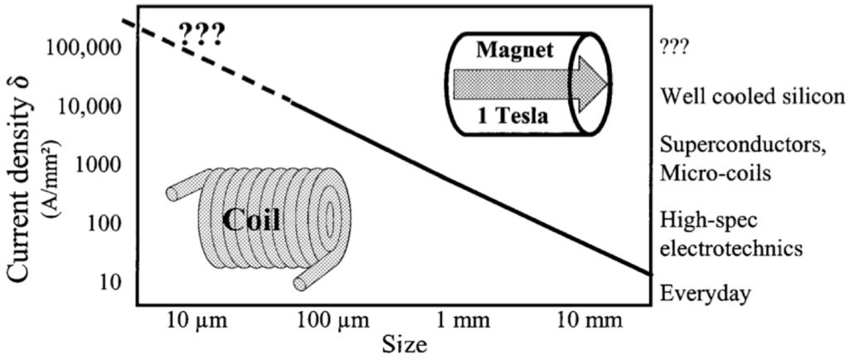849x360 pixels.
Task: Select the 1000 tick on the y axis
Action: tap(100, 164)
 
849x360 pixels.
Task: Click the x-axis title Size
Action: tap(405, 343)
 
